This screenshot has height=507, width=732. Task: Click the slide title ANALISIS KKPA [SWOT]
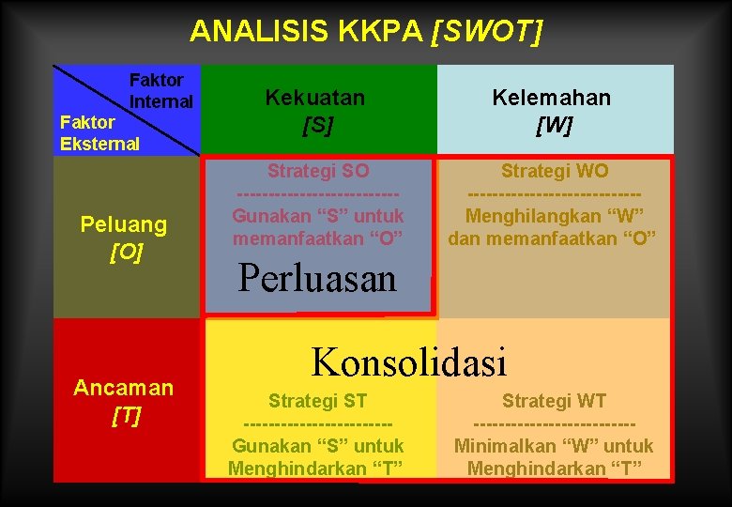366,31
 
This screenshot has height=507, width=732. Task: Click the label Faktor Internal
160,90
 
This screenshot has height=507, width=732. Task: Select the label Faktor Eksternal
99,132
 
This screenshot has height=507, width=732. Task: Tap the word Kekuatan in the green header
315,97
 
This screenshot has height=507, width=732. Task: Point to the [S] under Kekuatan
317,125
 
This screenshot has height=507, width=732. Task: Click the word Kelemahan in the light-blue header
554,97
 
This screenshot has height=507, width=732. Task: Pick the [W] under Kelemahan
554,125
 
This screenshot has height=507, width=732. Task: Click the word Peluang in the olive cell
124,224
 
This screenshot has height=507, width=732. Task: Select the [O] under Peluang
126,253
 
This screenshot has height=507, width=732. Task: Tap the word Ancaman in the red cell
124,388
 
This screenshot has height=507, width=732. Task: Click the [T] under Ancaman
126,416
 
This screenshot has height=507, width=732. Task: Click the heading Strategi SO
317,171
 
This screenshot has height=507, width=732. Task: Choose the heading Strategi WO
554,171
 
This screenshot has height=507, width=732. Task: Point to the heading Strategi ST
317,401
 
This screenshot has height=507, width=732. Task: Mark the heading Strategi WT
554,401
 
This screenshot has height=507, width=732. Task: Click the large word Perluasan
318,278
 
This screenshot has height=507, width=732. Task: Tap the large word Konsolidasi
408,361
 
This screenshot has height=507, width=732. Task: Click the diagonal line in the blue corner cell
127,109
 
